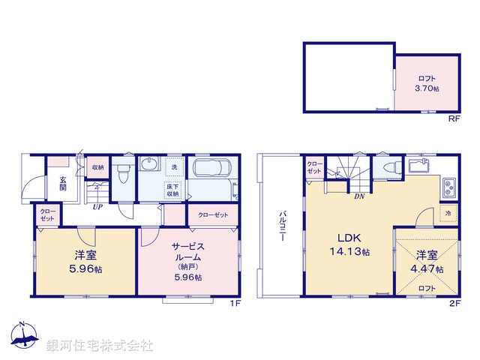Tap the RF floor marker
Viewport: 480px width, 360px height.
pos(454,119)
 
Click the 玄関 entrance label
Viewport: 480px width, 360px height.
pos(64,184)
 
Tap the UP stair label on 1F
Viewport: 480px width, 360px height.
pos(97,207)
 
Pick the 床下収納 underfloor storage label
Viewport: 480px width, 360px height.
pos(173,190)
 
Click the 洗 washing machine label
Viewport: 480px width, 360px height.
pos(174,166)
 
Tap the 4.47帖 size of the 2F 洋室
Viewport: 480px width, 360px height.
pos(428,269)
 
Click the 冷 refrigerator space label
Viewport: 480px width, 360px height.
pos(448,213)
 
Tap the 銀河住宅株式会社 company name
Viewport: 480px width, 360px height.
pos(99,346)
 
